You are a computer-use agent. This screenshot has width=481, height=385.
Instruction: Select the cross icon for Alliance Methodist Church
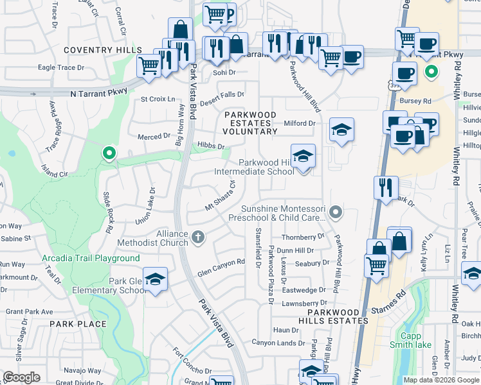point(198,237)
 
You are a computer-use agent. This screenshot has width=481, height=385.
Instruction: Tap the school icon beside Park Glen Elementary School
point(155,279)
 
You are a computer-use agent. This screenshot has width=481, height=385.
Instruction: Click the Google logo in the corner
point(21,377)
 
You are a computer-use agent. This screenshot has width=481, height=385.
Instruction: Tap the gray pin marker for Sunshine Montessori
point(334,211)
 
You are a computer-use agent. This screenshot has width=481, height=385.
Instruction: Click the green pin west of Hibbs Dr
point(109,153)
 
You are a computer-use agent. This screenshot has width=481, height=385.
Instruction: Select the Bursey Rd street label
point(418,101)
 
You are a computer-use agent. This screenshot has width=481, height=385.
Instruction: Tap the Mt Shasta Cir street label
point(221,195)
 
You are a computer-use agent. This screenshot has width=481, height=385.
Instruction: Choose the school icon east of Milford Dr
point(341,130)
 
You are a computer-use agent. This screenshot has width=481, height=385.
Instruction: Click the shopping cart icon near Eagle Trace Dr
point(149,65)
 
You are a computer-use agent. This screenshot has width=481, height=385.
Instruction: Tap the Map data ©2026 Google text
point(441,380)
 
